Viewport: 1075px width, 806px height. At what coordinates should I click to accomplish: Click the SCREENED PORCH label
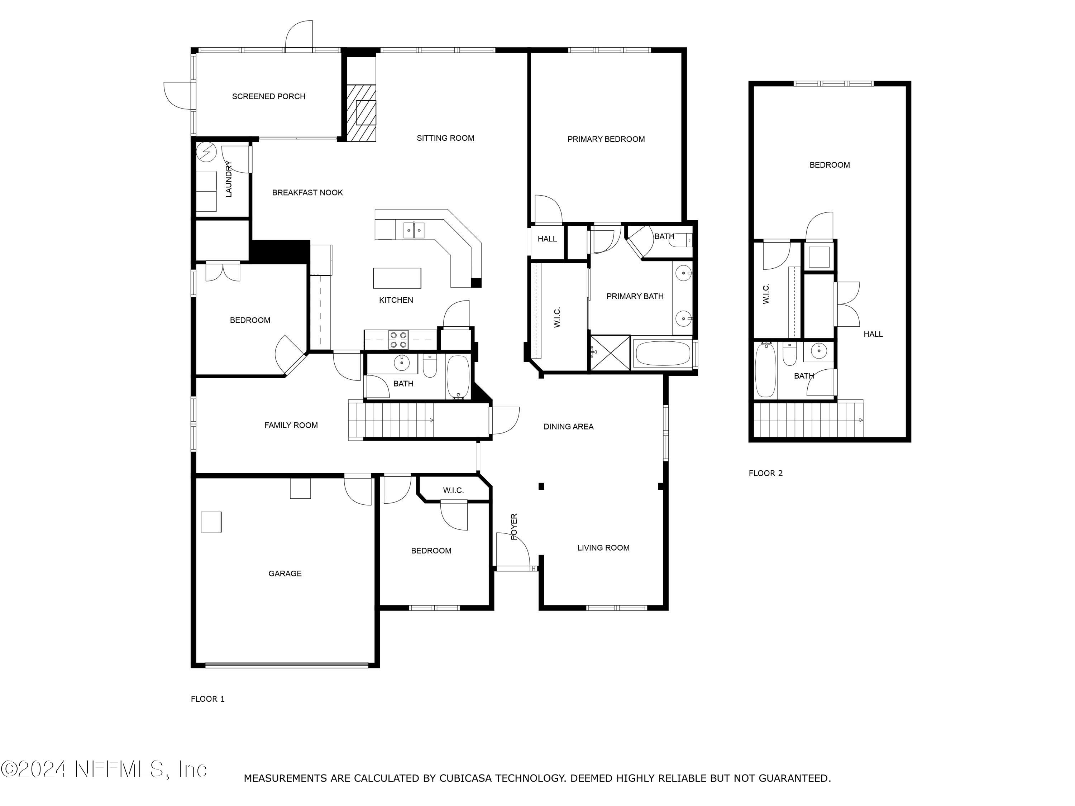(x=268, y=96)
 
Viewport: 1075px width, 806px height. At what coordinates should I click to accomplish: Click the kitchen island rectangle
(x=397, y=278)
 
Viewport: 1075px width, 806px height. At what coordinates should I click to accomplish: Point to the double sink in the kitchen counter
(x=414, y=230)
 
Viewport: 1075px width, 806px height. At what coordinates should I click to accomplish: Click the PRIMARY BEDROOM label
(x=606, y=139)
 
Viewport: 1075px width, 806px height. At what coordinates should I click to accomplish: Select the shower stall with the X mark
(x=610, y=353)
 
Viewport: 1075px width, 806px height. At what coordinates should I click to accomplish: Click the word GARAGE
(x=285, y=573)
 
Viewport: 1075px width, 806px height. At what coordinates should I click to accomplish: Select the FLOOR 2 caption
(x=765, y=473)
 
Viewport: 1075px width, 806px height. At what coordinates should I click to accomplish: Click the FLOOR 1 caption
(x=207, y=699)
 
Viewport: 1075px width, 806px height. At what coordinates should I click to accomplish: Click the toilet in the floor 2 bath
(x=790, y=355)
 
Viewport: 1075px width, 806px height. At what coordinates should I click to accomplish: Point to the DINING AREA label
(x=568, y=427)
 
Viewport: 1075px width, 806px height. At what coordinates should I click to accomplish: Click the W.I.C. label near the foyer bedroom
(x=453, y=490)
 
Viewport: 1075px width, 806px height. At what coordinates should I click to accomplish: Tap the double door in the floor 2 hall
(x=847, y=304)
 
